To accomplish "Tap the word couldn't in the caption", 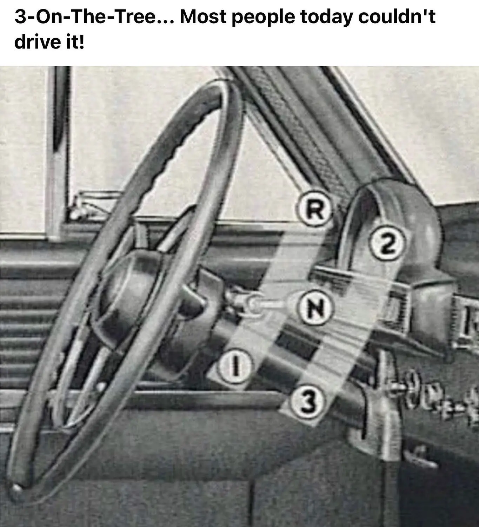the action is pyautogui.click(x=397, y=17).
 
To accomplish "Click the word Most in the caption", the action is pyautogui.click(x=203, y=17).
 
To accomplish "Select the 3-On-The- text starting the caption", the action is pyautogui.click(x=63, y=17).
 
